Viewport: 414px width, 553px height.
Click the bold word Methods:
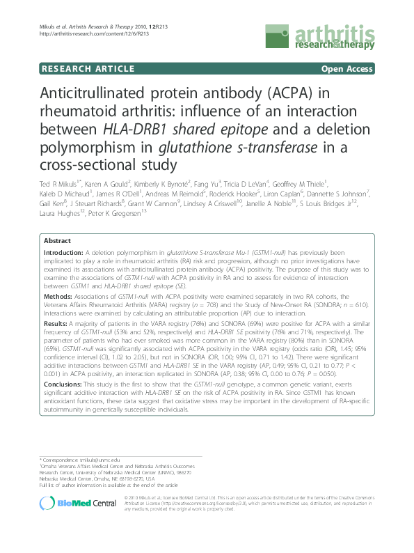(x=58, y=295)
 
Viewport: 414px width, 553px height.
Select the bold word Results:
(x=56, y=324)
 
